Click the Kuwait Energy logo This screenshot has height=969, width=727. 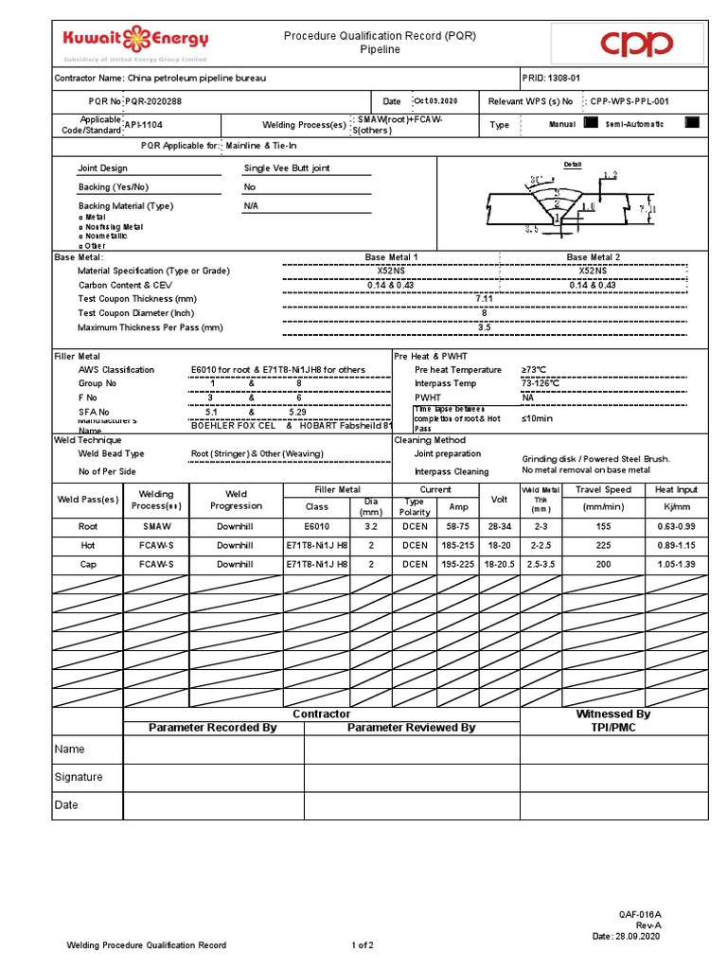pyautogui.click(x=135, y=42)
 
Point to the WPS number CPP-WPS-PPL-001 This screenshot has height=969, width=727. pyautogui.click(x=629, y=101)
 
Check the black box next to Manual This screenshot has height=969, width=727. pyautogui.click(x=592, y=123)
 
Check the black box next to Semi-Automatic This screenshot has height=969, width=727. pyautogui.click(x=691, y=123)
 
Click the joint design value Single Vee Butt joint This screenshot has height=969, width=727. pyautogui.click(x=287, y=168)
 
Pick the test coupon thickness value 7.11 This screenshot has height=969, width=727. pyautogui.click(x=485, y=298)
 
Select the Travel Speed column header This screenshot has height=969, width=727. pyautogui.click(x=605, y=489)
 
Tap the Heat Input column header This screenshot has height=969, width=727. pyautogui.click(x=676, y=489)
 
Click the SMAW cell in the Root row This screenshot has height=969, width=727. pyautogui.click(x=156, y=527)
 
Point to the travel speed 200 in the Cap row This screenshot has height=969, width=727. pyautogui.click(x=605, y=565)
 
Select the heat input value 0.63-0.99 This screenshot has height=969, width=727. pyautogui.click(x=676, y=527)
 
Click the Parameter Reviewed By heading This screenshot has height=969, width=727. pyautogui.click(x=411, y=727)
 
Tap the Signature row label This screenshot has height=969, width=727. pyautogui.click(x=79, y=777)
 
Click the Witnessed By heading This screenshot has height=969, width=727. pyautogui.click(x=613, y=714)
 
